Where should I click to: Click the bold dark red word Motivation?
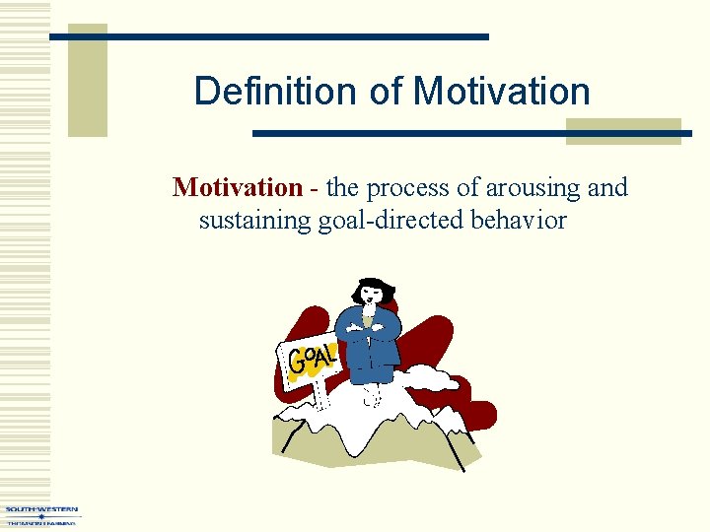[237, 187]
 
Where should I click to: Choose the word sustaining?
[254, 220]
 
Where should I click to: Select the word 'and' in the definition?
[607, 187]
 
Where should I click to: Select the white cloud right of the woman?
[429, 377]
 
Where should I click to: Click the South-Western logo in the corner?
[40, 515]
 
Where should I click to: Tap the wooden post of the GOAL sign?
[318, 394]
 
